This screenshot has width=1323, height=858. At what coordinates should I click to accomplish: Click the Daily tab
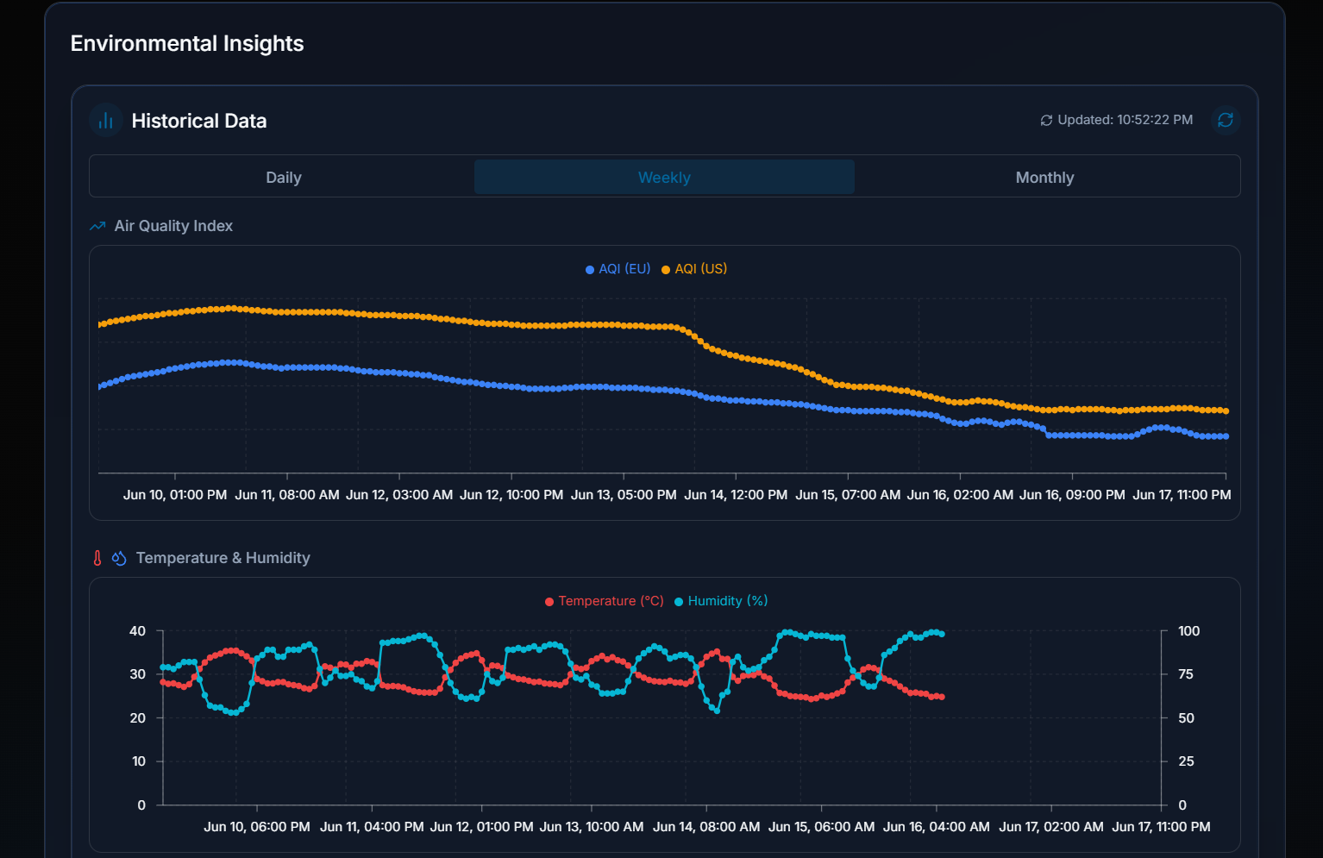tap(283, 178)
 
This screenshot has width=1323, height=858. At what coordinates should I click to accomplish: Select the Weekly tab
tap(664, 178)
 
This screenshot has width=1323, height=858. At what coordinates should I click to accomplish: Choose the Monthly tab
tap(1044, 178)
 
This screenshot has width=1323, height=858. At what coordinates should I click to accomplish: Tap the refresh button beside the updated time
tap(1225, 120)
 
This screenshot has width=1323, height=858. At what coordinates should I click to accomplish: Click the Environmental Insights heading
tap(187, 44)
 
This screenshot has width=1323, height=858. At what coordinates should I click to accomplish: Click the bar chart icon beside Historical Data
tap(106, 121)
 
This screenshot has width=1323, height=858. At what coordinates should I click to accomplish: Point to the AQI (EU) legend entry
tap(618, 269)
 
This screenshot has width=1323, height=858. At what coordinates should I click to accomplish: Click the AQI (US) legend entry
tap(694, 269)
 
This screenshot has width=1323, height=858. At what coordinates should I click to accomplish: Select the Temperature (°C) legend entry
tap(605, 601)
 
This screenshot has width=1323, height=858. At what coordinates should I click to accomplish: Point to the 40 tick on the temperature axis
tap(138, 631)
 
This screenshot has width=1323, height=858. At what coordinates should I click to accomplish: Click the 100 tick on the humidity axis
tap(1188, 631)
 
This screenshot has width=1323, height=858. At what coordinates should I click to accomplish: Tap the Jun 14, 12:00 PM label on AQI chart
tap(736, 495)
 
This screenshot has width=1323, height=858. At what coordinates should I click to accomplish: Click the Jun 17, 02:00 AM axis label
tap(1050, 827)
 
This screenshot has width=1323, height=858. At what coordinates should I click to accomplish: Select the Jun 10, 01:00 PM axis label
tap(175, 495)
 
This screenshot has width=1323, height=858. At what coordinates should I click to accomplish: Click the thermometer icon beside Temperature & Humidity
tap(97, 558)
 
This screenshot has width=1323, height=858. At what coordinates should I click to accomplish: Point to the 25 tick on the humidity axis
tap(1186, 761)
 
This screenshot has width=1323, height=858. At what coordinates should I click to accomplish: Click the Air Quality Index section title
tap(173, 226)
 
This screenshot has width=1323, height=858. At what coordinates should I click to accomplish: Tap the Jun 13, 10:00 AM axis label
tap(592, 827)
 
